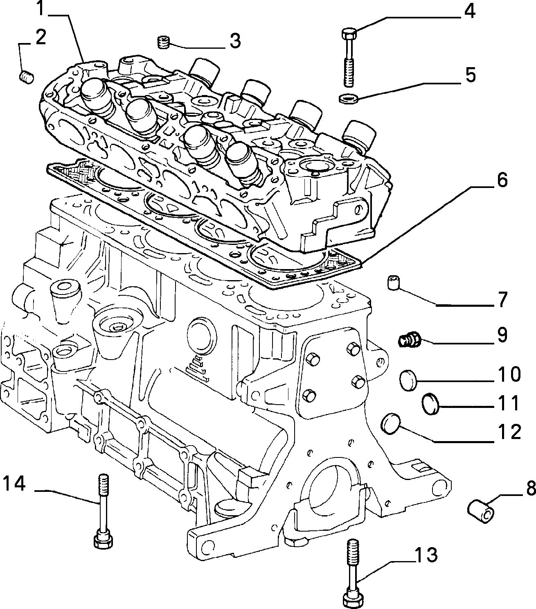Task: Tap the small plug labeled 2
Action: [27, 77]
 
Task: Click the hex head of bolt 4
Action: [349, 34]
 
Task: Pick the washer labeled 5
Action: [348, 98]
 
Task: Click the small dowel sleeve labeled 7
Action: [394, 283]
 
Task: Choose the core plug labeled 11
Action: [431, 404]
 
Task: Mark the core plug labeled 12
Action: [390, 424]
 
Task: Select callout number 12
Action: [509, 432]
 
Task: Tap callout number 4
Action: [469, 11]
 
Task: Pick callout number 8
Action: [531, 496]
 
